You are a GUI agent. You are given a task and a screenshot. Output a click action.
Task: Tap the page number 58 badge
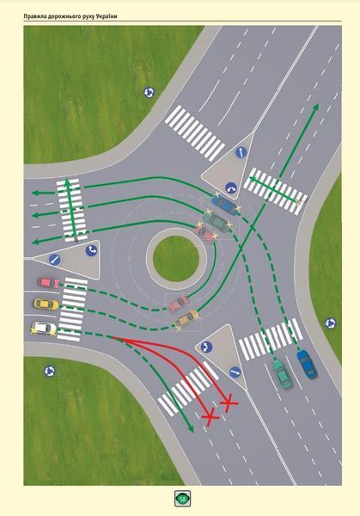coord(182,499)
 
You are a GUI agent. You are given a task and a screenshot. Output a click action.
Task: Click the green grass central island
coord(176,258)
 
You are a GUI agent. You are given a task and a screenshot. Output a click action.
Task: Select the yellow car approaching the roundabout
coord(46,304)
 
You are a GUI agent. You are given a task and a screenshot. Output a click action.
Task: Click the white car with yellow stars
coord(44,329)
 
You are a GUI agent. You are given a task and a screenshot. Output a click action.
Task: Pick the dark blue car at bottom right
coord(307,364)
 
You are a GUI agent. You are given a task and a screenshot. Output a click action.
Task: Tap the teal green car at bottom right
coord(282,374)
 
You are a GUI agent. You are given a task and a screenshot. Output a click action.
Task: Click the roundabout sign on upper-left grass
coord(149,93)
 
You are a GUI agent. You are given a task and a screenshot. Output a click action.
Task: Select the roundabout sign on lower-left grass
coord(49,372)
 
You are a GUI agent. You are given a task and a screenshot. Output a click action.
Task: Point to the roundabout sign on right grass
coord(331,323)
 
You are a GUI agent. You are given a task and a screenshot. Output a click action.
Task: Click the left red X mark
coord(211,417)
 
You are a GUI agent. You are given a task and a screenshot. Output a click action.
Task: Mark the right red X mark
coord(229,402)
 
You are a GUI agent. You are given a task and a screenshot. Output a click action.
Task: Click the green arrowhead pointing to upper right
coord(316,107)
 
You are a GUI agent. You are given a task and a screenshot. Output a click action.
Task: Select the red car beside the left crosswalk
coord(48,282)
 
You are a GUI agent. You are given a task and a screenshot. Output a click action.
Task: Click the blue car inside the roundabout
coord(224,205)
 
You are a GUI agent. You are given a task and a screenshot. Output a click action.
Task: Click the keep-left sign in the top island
coord(241,152)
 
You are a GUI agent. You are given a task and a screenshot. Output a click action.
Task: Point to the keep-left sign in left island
coord(55,260)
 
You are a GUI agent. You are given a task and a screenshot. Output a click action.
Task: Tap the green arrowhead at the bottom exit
coord(190,428)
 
